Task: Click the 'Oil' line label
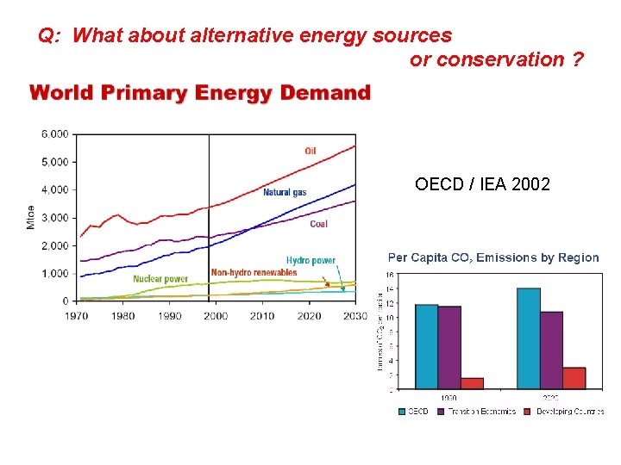310,152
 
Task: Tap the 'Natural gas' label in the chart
285,193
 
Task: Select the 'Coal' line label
318,225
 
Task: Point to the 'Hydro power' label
310,260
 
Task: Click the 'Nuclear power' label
160,279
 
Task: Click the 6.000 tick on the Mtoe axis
54,134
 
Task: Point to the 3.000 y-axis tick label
54,218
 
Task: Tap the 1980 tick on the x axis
122,316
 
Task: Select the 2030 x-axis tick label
355,316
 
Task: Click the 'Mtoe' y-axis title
31,216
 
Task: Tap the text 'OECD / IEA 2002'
482,184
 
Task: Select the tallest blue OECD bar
528,338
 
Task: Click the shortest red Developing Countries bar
472,383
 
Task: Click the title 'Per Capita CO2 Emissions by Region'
493,257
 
